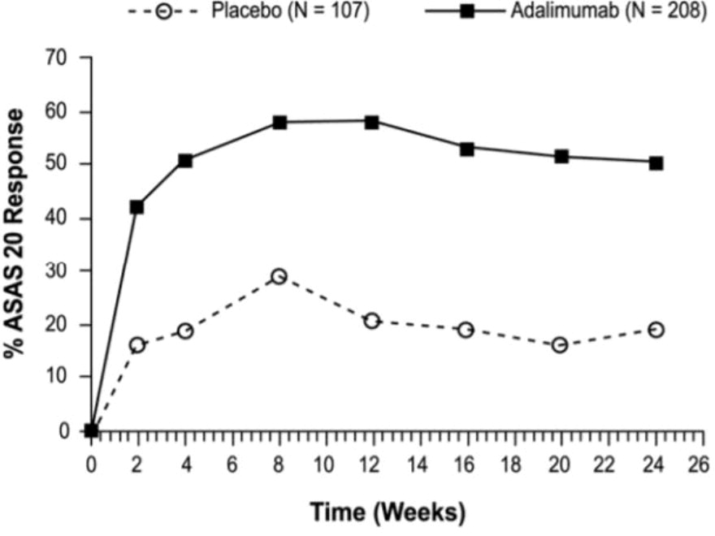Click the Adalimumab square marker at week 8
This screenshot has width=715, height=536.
click(x=279, y=123)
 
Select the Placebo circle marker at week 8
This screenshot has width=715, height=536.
click(x=279, y=276)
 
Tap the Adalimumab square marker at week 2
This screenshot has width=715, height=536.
click(x=136, y=207)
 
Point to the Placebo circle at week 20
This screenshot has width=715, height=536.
click(x=559, y=345)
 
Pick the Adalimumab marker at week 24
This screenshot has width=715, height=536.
click(x=655, y=163)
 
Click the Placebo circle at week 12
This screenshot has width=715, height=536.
click(x=372, y=321)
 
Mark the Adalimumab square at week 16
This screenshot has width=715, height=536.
click(x=466, y=149)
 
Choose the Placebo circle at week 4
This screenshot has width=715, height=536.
click(x=185, y=331)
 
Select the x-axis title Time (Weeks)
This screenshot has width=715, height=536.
click(x=388, y=512)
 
